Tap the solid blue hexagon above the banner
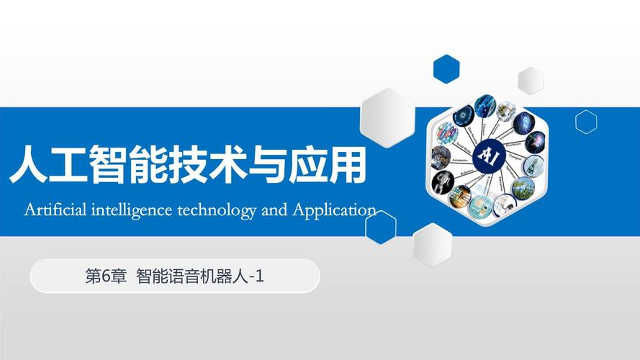coord(446,68)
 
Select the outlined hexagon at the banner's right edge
coord(586,122)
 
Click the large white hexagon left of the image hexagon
coord(389,117)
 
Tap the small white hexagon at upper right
coord(531,80)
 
